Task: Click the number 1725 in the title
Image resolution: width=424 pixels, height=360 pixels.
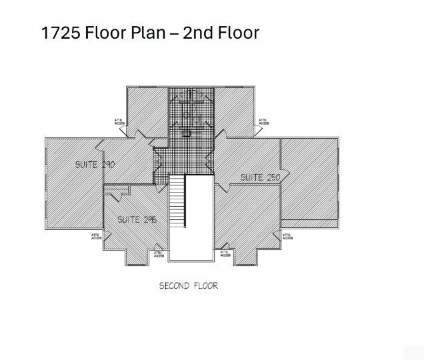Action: (x=61, y=33)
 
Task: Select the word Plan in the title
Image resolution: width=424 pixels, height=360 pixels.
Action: (x=146, y=33)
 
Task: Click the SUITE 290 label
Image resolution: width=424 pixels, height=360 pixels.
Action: (x=94, y=164)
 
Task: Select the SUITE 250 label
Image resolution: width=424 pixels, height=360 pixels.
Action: (x=259, y=177)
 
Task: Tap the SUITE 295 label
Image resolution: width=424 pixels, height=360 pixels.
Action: (x=137, y=219)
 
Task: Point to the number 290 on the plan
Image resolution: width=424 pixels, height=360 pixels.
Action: (x=108, y=164)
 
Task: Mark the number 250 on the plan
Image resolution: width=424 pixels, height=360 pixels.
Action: (x=273, y=177)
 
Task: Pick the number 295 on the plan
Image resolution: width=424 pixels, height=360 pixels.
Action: (x=150, y=219)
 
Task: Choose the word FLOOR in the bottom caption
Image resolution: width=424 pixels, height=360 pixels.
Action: (x=206, y=286)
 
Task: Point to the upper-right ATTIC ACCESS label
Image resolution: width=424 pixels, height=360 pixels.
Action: (x=263, y=122)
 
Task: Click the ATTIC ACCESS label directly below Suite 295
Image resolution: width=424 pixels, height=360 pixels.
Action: (x=158, y=253)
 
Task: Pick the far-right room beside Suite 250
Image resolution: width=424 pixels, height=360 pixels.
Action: (x=309, y=180)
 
